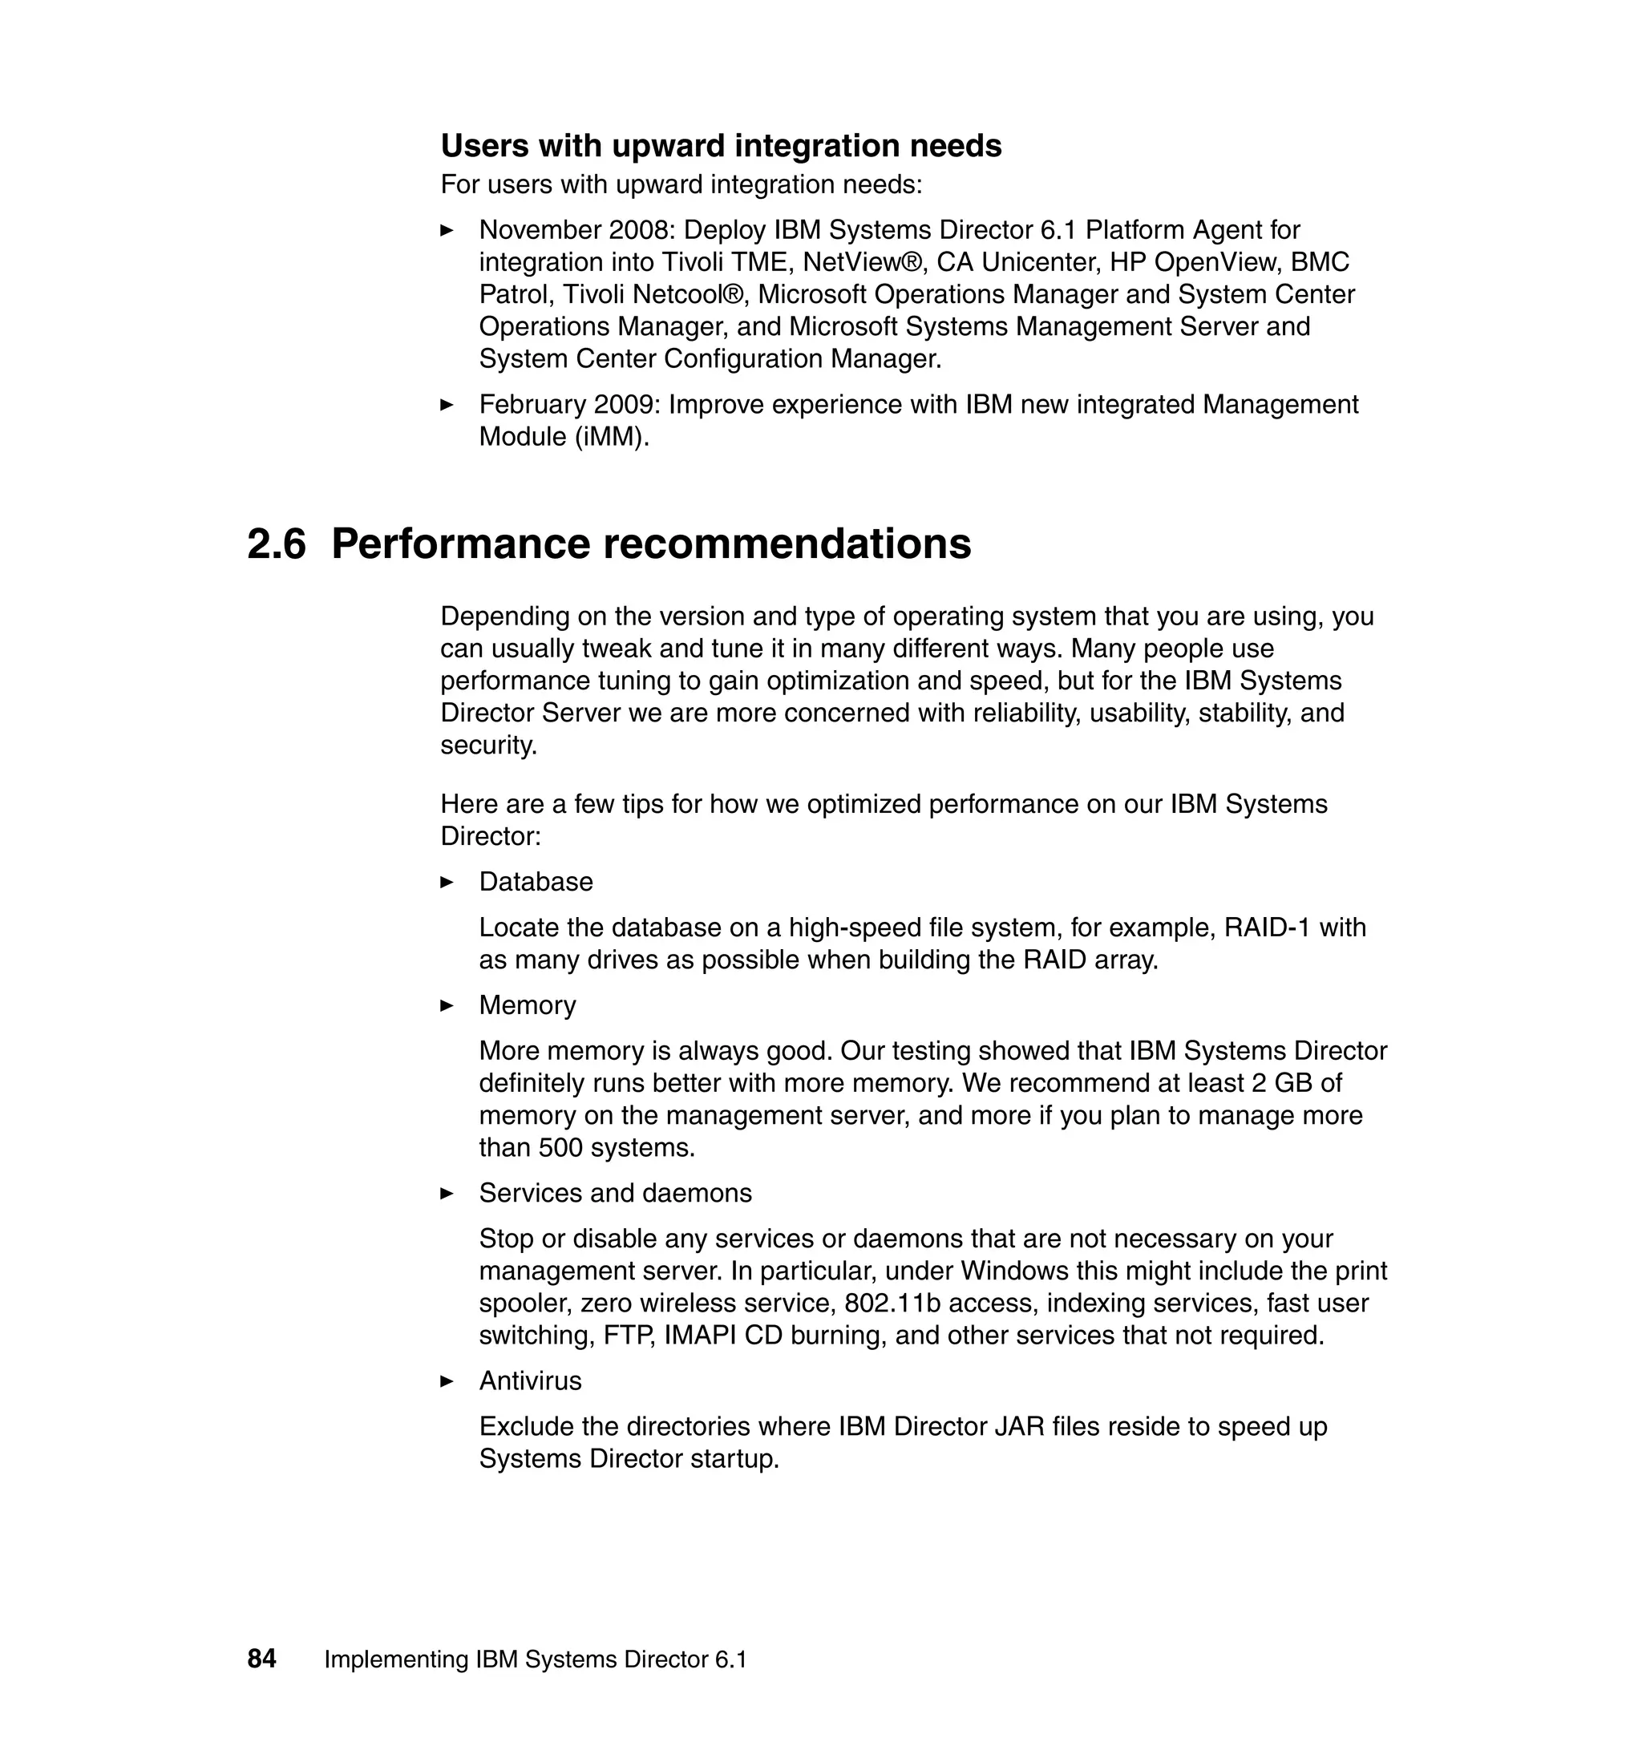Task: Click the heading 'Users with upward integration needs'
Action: (x=720, y=146)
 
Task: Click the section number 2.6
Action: (x=277, y=544)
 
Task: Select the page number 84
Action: (x=261, y=1659)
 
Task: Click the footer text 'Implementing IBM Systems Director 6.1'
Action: (x=536, y=1659)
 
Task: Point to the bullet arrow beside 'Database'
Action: (x=447, y=882)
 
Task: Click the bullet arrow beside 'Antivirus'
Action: (x=447, y=1381)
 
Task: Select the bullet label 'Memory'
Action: (x=527, y=1005)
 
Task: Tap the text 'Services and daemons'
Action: (x=615, y=1193)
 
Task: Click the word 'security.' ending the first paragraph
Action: (x=488, y=746)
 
